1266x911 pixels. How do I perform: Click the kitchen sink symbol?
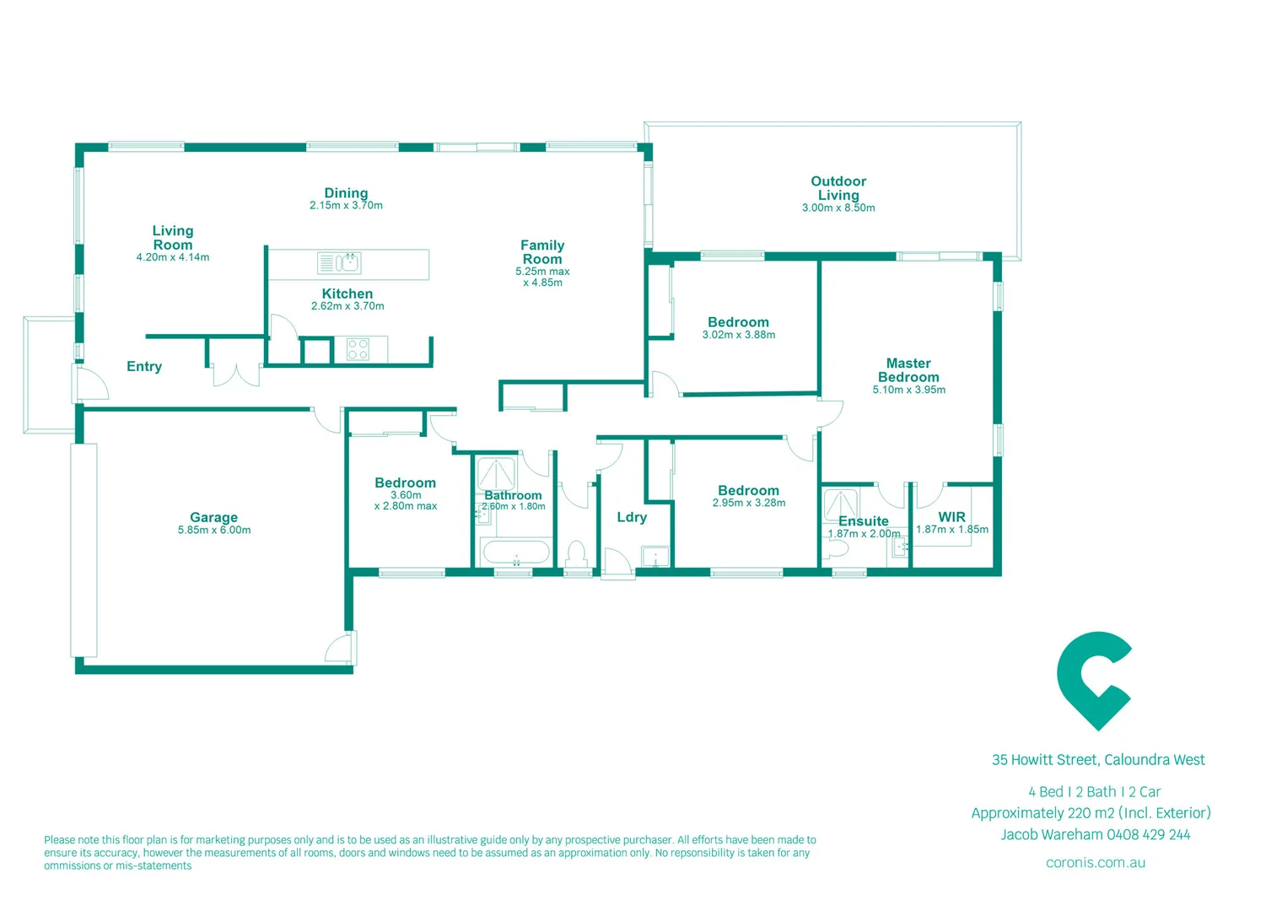click(339, 263)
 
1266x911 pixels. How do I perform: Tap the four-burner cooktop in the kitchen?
click(358, 349)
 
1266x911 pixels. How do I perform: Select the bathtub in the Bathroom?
click(514, 553)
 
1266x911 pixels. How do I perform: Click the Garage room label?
click(213, 517)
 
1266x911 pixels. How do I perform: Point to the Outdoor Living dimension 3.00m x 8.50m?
click(838, 208)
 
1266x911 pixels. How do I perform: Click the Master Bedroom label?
click(908, 370)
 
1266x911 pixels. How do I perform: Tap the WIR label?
click(951, 517)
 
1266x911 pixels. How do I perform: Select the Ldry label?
click(632, 517)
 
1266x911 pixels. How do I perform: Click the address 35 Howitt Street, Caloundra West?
click(1098, 760)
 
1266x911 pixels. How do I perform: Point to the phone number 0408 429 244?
click(1148, 834)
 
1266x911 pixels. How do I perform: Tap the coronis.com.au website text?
click(1095, 862)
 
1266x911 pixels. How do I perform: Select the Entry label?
click(144, 366)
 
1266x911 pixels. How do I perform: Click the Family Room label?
click(542, 252)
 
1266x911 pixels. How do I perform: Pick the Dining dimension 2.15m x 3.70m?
click(346, 206)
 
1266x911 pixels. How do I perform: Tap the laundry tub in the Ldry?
click(655, 557)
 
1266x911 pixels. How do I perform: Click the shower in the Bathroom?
click(496, 473)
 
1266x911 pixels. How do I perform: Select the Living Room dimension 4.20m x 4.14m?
click(173, 257)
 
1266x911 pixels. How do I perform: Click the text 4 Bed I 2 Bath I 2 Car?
click(1094, 791)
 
